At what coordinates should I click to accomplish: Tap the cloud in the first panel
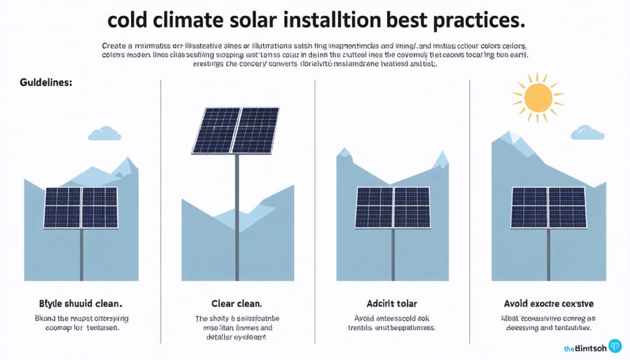point(104,133)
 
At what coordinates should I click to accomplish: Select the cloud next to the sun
point(587,132)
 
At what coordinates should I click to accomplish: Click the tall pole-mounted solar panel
point(236,130)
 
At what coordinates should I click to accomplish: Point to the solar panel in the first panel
point(81,207)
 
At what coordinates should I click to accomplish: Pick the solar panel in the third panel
point(392,207)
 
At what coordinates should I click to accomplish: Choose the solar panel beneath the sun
point(547,207)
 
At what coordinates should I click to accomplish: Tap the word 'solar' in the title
point(262,19)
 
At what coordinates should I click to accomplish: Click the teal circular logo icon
point(615,346)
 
